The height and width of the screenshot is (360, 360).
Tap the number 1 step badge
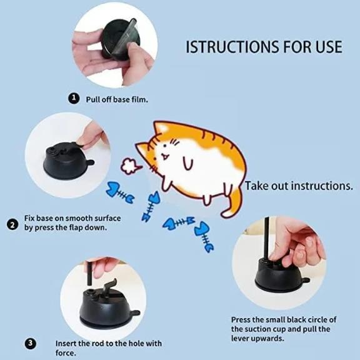click(74, 98)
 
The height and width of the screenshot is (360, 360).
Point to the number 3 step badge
click(31, 343)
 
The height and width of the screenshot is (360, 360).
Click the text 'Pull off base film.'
click(117, 99)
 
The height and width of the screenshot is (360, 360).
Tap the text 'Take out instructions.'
click(299, 186)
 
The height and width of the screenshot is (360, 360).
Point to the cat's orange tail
click(232, 202)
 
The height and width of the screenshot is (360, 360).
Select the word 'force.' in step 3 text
click(66, 352)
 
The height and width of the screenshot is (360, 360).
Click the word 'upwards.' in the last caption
click(267, 338)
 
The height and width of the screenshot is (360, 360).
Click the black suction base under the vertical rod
click(278, 272)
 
